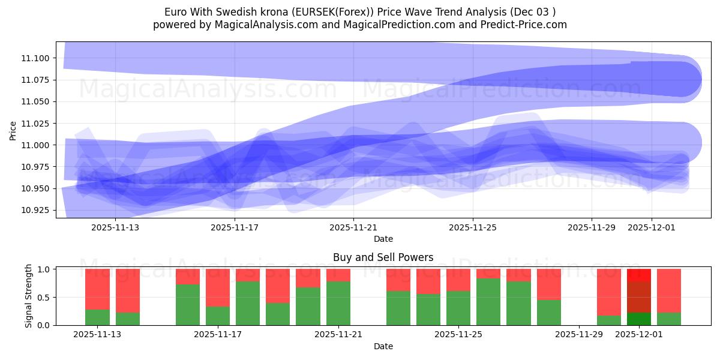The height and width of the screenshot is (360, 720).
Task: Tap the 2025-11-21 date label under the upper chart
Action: [x=353, y=227]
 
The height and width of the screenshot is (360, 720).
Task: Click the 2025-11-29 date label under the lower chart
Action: [x=579, y=335]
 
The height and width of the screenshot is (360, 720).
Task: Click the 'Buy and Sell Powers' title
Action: [x=383, y=257]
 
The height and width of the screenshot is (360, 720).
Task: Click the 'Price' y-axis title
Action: [x=13, y=130]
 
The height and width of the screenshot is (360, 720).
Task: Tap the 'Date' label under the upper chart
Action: [x=383, y=239]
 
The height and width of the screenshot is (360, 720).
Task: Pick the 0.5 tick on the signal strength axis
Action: [x=46, y=298]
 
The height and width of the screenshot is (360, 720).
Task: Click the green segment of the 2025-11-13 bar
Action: [x=97, y=317]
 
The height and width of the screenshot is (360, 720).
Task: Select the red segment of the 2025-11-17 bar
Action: [x=218, y=287]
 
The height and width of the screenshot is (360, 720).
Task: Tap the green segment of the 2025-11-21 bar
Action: [x=338, y=303]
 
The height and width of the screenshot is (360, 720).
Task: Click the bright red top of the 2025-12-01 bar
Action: [x=639, y=275]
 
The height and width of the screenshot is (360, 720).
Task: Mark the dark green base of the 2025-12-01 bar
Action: [x=639, y=319]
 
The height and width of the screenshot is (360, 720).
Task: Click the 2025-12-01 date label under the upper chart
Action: [x=652, y=227]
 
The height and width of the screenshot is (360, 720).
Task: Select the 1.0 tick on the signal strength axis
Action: [x=46, y=269]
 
